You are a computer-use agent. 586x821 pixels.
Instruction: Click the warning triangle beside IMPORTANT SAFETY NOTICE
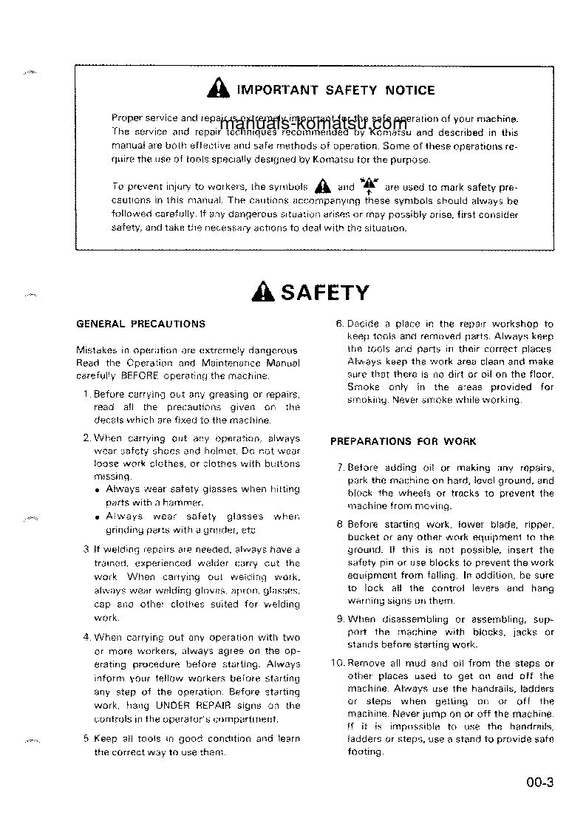click(x=219, y=90)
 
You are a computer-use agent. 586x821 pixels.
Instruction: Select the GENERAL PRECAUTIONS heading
click(x=141, y=324)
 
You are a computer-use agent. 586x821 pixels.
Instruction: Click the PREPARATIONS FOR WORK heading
click(x=403, y=441)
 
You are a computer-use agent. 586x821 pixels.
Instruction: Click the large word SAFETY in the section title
click(x=324, y=293)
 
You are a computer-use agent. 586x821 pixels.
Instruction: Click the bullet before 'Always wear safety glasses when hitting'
click(x=98, y=489)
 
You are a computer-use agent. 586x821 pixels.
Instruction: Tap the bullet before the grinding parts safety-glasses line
click(x=98, y=517)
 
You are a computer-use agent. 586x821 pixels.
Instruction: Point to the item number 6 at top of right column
click(x=339, y=324)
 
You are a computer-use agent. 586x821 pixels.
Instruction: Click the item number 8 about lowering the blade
click(x=339, y=525)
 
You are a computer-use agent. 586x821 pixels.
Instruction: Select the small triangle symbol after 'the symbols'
click(x=320, y=186)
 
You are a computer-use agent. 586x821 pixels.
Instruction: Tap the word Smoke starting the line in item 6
click(x=363, y=386)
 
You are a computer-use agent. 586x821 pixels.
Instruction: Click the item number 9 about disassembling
click(x=340, y=619)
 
